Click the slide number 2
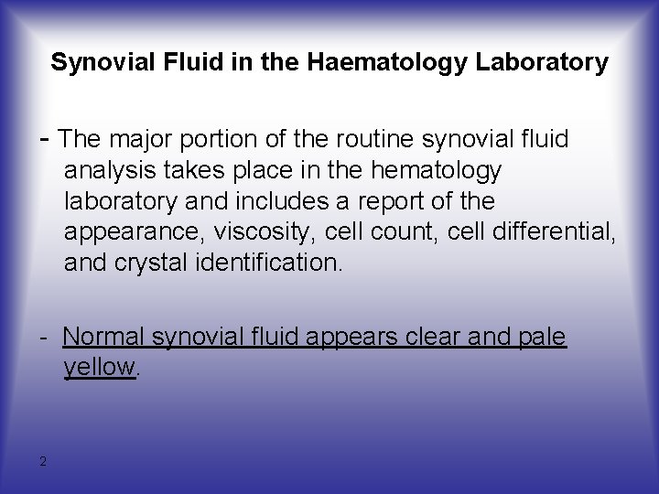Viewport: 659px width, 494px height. pyautogui.click(x=43, y=460)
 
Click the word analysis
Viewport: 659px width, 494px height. pyautogui.click(x=104, y=170)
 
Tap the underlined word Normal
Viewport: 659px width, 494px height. pyautogui.click(x=103, y=338)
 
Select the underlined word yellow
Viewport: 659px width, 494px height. pyautogui.click(x=100, y=368)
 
